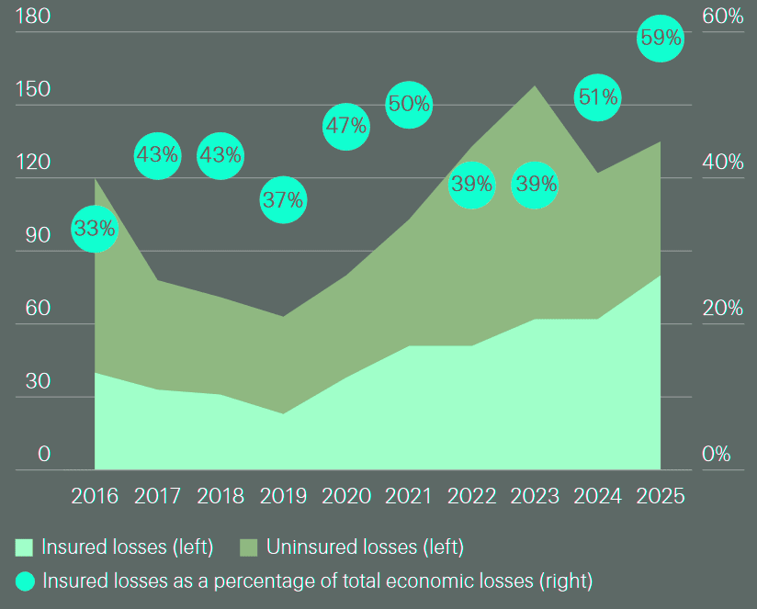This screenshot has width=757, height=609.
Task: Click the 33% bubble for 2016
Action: (95, 229)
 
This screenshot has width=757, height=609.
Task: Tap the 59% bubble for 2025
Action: (661, 39)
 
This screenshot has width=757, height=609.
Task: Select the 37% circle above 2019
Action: (283, 200)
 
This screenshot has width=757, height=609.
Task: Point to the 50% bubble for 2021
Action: (409, 104)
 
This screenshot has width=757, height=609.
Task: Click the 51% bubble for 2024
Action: (597, 97)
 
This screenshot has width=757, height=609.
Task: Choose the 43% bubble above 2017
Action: (157, 155)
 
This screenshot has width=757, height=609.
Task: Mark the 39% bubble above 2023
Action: (535, 185)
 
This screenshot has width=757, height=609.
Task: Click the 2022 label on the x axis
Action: (472, 496)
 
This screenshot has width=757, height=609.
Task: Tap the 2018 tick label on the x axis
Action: (220, 496)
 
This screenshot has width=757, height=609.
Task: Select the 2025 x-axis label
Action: (661, 496)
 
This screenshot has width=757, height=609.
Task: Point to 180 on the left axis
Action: (32, 17)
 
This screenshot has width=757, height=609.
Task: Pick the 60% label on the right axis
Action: (722, 17)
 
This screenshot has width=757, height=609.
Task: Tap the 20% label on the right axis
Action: (722, 308)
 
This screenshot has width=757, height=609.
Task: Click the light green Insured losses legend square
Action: (25, 548)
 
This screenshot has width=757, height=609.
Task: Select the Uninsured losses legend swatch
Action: (249, 548)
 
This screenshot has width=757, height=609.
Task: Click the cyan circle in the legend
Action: (25, 581)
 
